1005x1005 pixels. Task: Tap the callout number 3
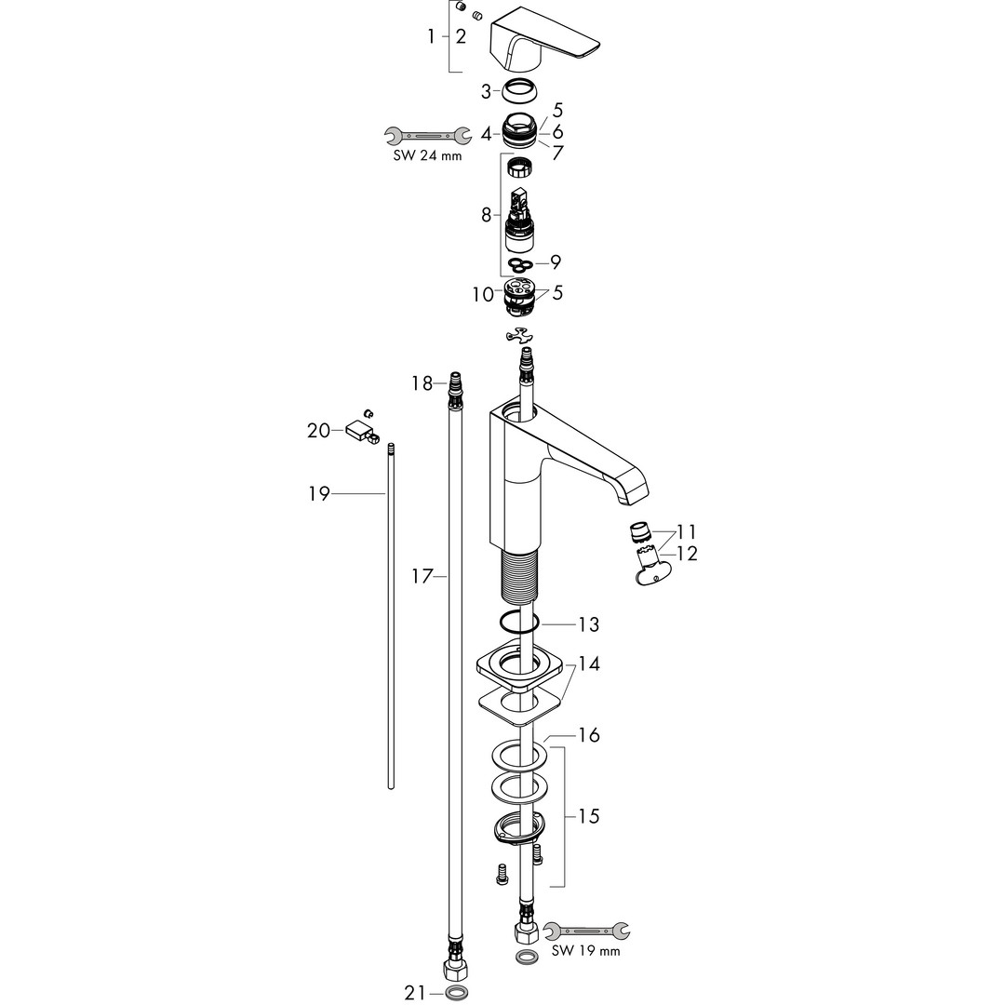[x=486, y=92]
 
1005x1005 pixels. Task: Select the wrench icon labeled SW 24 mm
[x=427, y=135]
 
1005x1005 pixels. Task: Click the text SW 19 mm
[x=586, y=950]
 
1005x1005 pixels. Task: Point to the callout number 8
[x=486, y=215]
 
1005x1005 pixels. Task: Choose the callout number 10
[x=483, y=294]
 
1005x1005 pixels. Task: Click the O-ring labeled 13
[x=519, y=623]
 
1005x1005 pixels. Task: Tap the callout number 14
[x=588, y=664]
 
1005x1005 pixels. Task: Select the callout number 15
[x=588, y=816]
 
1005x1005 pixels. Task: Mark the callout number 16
[x=588, y=734]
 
